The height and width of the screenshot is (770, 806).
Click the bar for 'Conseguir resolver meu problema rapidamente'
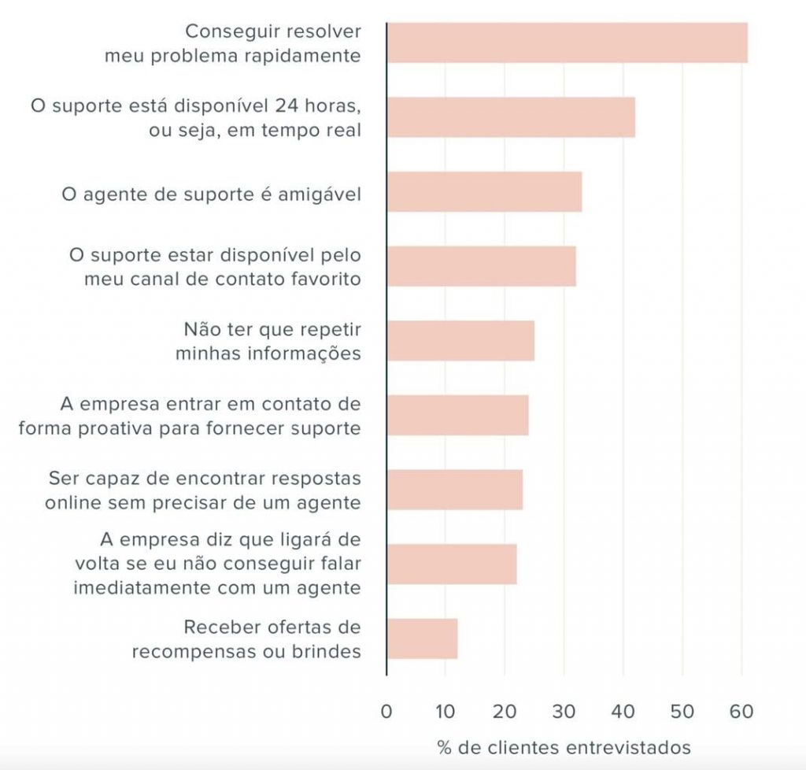click(x=567, y=43)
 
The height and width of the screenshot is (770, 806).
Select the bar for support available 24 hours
click(x=511, y=117)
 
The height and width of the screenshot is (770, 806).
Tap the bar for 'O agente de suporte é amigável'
click(x=484, y=191)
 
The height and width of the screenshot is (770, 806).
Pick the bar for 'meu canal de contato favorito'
click(x=481, y=266)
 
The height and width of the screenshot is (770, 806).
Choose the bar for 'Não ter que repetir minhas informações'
click(x=460, y=340)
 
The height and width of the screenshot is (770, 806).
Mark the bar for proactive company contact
click(x=457, y=415)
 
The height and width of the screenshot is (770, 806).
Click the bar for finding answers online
click(x=454, y=489)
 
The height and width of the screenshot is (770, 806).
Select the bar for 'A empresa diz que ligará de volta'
click(x=452, y=564)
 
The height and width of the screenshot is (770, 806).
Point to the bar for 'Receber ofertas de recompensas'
click(x=422, y=638)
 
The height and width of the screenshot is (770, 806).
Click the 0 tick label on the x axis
click(x=386, y=712)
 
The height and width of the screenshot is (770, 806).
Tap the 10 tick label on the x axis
click(x=445, y=712)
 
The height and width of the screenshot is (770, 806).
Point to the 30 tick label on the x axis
click(x=564, y=712)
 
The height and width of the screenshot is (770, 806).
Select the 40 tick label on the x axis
click(x=623, y=712)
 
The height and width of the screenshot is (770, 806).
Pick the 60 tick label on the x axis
click(x=741, y=712)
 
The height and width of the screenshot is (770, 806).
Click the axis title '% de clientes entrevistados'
click(x=564, y=746)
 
